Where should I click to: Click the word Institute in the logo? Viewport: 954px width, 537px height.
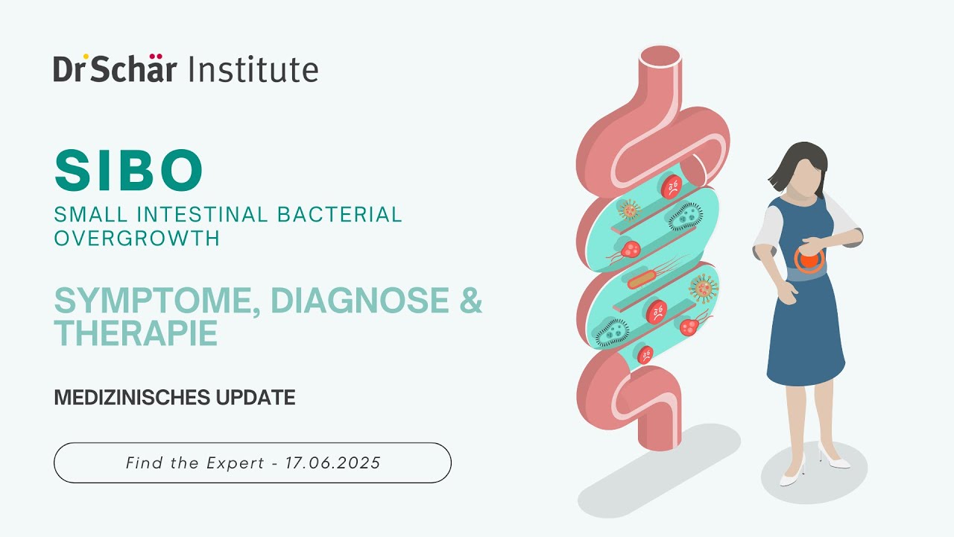(x=253, y=69)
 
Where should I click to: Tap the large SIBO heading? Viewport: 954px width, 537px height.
(x=129, y=171)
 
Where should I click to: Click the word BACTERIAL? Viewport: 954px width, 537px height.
(x=340, y=215)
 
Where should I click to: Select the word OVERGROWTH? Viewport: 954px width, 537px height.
(x=136, y=238)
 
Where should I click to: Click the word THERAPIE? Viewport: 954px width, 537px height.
(x=136, y=333)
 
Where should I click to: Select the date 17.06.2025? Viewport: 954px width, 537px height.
(x=337, y=463)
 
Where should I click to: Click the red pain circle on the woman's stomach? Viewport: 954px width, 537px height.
(x=808, y=259)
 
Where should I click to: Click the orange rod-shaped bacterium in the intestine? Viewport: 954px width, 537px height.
(x=642, y=281)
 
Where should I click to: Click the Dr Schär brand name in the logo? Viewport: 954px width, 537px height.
(x=115, y=69)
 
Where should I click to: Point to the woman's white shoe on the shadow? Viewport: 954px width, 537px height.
(x=792, y=474)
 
